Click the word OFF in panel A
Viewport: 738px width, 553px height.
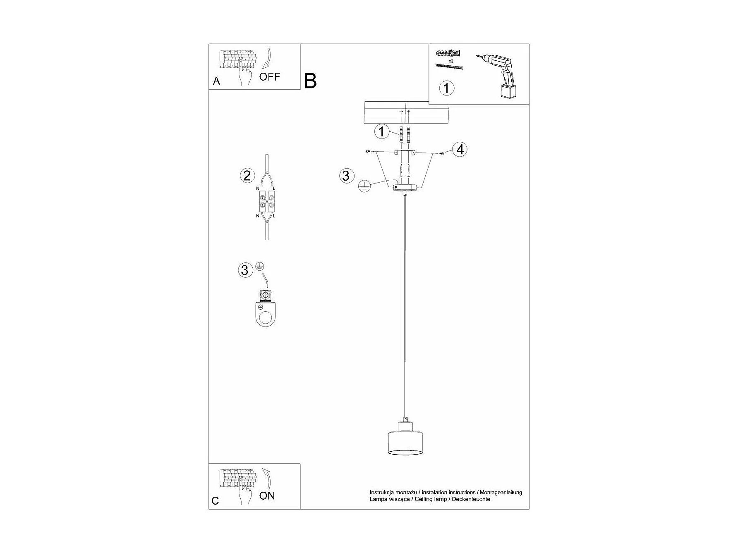tap(269, 76)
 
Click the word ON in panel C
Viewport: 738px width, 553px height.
tap(267, 496)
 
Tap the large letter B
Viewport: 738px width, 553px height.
tap(310, 81)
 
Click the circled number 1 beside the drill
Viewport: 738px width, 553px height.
tap(446, 88)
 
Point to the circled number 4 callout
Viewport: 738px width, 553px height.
tap(460, 149)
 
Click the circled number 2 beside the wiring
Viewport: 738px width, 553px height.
tap(247, 176)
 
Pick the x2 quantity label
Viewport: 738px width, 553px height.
tap(451, 61)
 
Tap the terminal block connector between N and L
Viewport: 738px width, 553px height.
tap(266, 201)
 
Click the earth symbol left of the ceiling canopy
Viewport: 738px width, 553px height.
tap(364, 186)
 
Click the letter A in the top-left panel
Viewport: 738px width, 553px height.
tap(216, 81)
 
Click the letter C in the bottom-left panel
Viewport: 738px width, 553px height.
tap(215, 501)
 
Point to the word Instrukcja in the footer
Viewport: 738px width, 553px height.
tap(382, 492)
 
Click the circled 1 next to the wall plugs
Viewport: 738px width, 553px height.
tap(381, 132)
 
